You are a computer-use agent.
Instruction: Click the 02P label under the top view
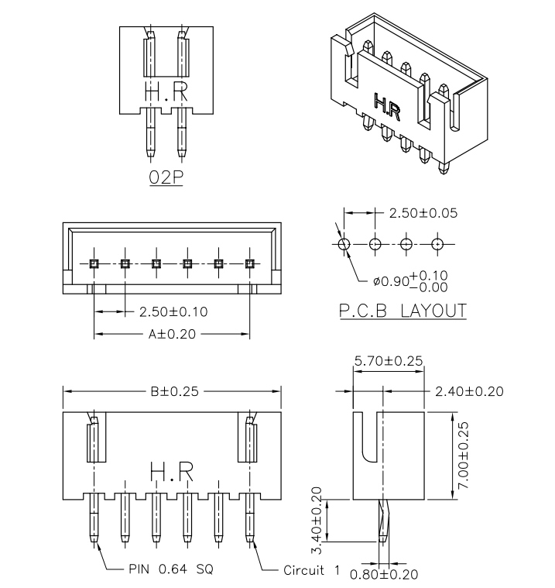tap(165, 177)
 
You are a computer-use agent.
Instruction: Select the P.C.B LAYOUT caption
tap(403, 311)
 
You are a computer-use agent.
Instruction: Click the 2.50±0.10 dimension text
tap(173, 312)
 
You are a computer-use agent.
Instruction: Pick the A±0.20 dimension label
tap(172, 335)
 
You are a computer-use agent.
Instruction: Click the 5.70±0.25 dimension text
tap(388, 360)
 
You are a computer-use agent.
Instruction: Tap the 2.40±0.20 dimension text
tap(469, 391)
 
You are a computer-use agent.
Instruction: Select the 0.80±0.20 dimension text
tap(384, 574)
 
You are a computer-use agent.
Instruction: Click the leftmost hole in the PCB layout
tap(344, 244)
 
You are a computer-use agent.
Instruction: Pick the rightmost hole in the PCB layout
tap(437, 244)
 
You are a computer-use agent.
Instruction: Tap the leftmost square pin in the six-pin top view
tap(94, 263)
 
